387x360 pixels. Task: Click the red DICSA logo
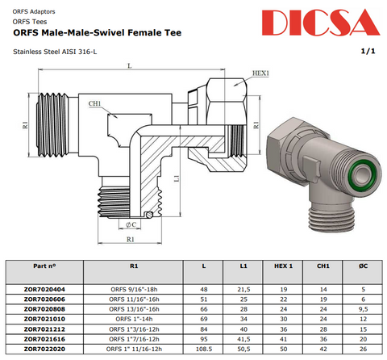point(321,23)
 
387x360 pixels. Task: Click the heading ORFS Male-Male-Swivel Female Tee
point(98,33)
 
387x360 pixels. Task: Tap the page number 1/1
point(368,51)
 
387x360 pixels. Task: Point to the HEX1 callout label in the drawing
point(260,73)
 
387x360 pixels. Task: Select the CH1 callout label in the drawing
point(94,103)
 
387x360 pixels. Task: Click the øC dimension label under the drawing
point(131,224)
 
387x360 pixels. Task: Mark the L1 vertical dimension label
point(177,178)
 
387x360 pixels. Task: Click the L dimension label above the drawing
point(130,65)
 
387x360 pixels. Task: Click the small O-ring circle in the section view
point(149,215)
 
